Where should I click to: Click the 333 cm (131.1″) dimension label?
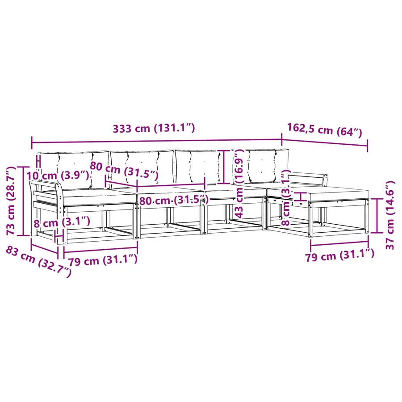[154, 128]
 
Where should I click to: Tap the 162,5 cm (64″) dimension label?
[324, 130]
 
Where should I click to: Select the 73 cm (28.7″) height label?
[11, 201]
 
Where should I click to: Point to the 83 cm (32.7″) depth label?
[38, 261]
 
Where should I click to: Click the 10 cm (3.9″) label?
[58, 176]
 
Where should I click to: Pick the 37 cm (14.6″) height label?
[390, 215]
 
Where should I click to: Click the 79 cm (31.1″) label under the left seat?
[103, 261]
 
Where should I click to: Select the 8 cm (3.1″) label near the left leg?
[62, 222]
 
